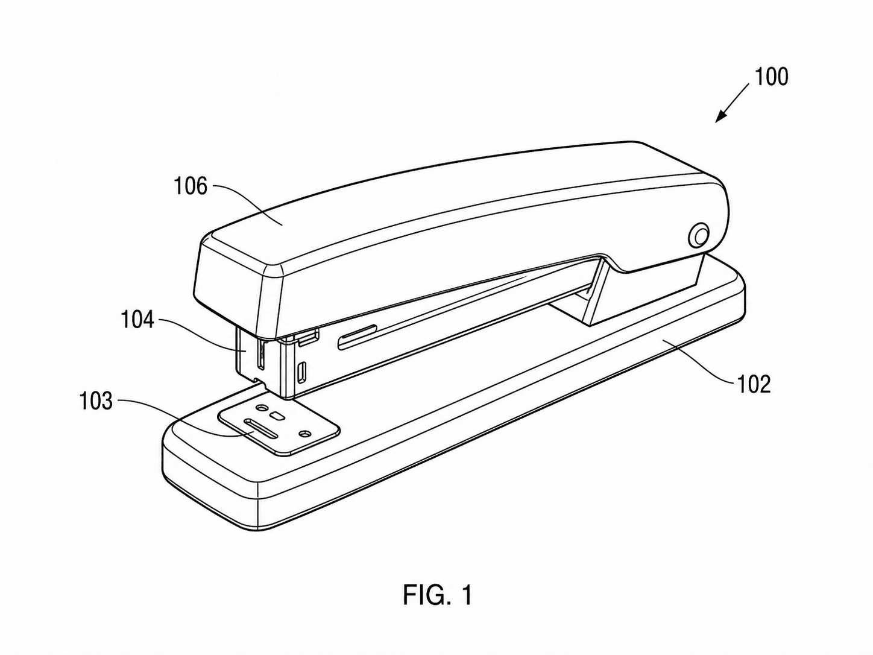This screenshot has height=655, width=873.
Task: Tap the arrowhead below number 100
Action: (721, 116)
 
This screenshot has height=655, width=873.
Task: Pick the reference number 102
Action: (754, 384)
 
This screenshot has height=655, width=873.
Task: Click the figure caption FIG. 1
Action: (438, 595)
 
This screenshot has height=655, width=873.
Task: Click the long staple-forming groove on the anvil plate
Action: (261, 429)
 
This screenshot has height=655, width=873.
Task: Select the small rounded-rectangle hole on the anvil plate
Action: (276, 416)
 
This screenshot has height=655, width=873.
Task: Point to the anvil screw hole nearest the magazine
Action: (262, 408)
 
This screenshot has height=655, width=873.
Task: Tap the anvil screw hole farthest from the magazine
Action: (306, 432)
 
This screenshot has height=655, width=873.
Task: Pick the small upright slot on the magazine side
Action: (303, 370)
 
